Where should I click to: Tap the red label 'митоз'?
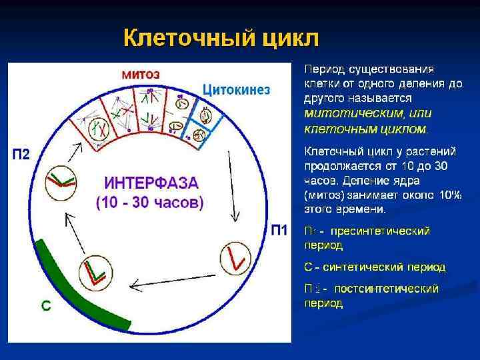point(140,74)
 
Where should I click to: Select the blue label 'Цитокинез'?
point(236,89)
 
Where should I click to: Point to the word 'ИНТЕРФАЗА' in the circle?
point(151,182)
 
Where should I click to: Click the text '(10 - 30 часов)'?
point(150,203)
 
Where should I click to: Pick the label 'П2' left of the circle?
point(21,154)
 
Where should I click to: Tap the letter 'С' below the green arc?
point(46,305)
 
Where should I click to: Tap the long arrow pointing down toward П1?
point(232,187)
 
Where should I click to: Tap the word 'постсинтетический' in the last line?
point(386,289)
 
